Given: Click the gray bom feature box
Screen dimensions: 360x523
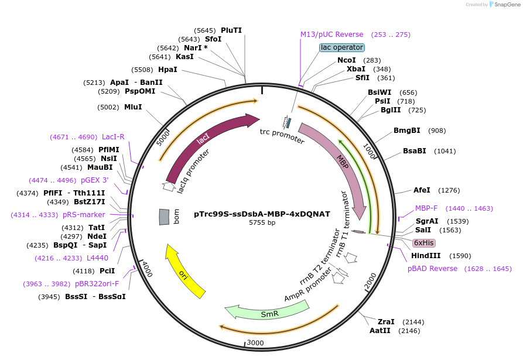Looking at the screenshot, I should tap(165, 217).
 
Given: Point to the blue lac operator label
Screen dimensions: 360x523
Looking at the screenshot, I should tap(342, 47).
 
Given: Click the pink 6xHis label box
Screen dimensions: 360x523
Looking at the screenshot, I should tap(424, 242).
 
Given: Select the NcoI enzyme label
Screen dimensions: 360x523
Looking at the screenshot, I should tap(347, 60).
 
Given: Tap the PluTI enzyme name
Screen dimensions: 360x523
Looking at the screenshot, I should tap(231, 30).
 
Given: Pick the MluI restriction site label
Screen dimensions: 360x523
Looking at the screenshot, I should tap(133, 107).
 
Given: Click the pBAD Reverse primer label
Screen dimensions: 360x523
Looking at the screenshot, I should tap(433, 269).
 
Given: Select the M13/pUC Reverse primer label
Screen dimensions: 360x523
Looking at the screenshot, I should tap(331, 35).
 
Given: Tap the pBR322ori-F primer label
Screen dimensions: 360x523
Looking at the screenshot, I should tap(97, 284).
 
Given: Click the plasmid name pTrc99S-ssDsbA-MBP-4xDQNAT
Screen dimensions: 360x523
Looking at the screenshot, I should tap(261, 214).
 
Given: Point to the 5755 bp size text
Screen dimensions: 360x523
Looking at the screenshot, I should tap(262, 223).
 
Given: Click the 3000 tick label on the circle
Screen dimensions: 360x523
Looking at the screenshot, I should tap(255, 342).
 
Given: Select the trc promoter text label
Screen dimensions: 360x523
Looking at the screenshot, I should tap(282, 136).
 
